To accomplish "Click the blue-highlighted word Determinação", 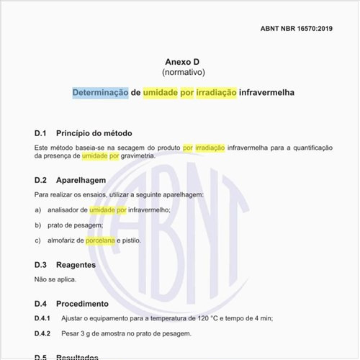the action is coord(100,93).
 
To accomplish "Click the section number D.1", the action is coord(40,134).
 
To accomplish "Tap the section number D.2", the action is coord(40,180).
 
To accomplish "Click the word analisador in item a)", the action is coord(68,210).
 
